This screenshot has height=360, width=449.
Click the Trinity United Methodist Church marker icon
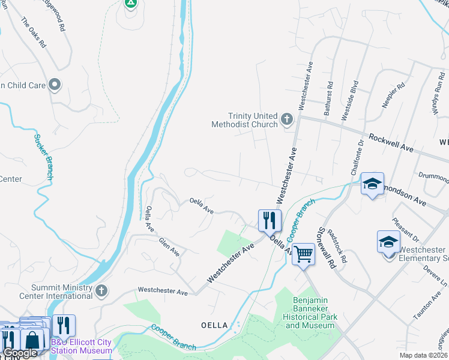click(x=287, y=119)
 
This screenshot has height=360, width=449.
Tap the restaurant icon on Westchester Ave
click(x=270, y=220)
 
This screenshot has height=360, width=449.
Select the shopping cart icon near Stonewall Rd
click(x=303, y=254)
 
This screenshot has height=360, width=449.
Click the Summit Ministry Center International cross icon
click(x=101, y=291)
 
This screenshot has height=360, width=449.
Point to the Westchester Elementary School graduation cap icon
click(x=388, y=242)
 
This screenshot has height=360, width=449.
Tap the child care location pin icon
click(x=55, y=85)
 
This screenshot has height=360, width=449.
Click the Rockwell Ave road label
click(x=391, y=142)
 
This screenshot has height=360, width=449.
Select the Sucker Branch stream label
click(x=44, y=157)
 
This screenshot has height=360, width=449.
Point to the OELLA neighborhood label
click(x=214, y=325)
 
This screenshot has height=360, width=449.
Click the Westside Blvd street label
click(x=350, y=101)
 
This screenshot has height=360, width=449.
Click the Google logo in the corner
click(x=20, y=353)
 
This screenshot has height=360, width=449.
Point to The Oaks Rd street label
click(x=34, y=32)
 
